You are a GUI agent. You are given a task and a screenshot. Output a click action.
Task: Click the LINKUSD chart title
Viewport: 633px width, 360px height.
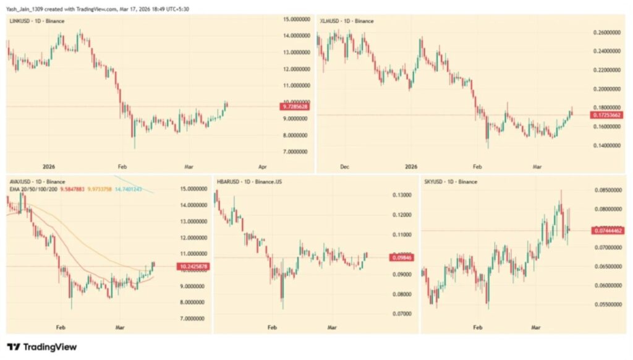click(35, 21)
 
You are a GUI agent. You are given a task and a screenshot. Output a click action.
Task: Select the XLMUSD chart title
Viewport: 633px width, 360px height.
click(346, 21)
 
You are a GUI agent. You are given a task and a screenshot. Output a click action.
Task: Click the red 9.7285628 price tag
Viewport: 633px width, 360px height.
click(295, 107)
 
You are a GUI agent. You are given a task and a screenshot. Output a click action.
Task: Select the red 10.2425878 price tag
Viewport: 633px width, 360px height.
click(192, 267)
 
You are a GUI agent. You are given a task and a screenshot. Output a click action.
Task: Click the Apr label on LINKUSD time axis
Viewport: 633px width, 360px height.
click(263, 167)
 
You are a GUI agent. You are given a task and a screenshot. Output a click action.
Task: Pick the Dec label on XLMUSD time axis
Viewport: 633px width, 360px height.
click(345, 167)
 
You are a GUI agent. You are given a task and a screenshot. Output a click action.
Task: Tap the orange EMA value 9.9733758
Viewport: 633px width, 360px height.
click(99, 189)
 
